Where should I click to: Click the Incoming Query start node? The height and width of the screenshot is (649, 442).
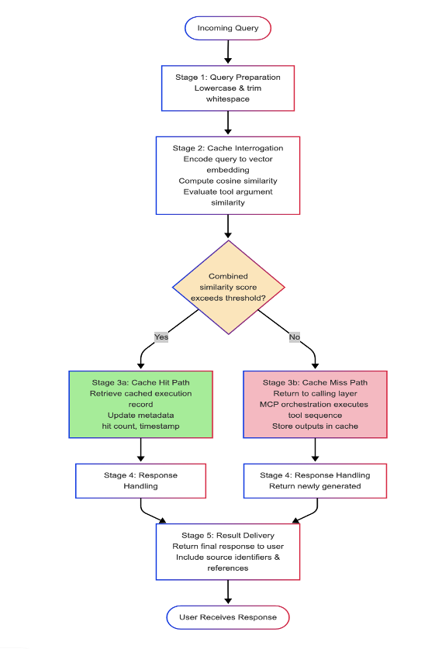pyautogui.click(x=227, y=28)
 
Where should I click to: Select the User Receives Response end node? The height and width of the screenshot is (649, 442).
pyautogui.click(x=227, y=617)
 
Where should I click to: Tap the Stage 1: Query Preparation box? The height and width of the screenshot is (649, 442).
pyautogui.click(x=227, y=88)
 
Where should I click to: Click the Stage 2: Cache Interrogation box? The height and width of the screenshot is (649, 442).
pyautogui.click(x=227, y=175)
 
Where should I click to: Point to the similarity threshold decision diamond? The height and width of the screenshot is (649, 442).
pyautogui.click(x=227, y=288)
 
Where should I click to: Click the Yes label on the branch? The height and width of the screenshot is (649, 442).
pyautogui.click(x=161, y=337)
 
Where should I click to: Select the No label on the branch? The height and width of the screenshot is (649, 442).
pyautogui.click(x=295, y=337)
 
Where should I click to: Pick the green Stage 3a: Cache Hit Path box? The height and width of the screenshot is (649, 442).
pyautogui.click(x=140, y=404)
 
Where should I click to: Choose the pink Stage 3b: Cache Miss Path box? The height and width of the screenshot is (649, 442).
pyautogui.click(x=315, y=404)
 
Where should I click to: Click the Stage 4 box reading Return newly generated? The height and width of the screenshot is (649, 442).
pyautogui.click(x=315, y=481)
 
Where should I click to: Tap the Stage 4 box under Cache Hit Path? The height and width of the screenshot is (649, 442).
pyautogui.click(x=140, y=481)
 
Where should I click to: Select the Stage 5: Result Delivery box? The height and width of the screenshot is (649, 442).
pyautogui.click(x=227, y=551)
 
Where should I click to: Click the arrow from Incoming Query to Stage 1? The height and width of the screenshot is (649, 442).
pyautogui.click(x=227, y=51)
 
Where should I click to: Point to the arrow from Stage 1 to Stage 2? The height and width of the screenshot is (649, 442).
pyautogui.click(x=227, y=123)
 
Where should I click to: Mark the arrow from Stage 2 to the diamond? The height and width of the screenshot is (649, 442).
pyautogui.click(x=227, y=226)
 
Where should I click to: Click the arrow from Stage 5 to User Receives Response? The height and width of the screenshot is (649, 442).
pyautogui.click(x=227, y=592)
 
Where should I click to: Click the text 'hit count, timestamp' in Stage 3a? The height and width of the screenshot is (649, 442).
pyautogui.click(x=140, y=426)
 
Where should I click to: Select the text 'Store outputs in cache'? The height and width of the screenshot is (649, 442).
pyautogui.click(x=315, y=426)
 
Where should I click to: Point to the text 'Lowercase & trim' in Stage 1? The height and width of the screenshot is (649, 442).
pyautogui.click(x=227, y=88)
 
